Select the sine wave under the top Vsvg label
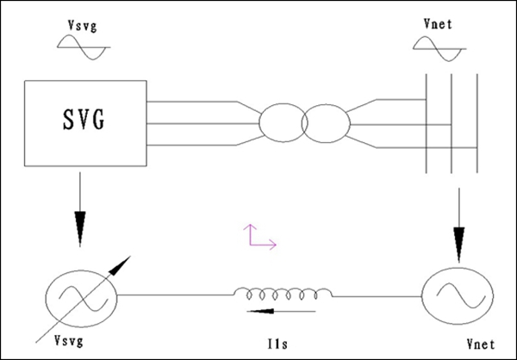(83, 52)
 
